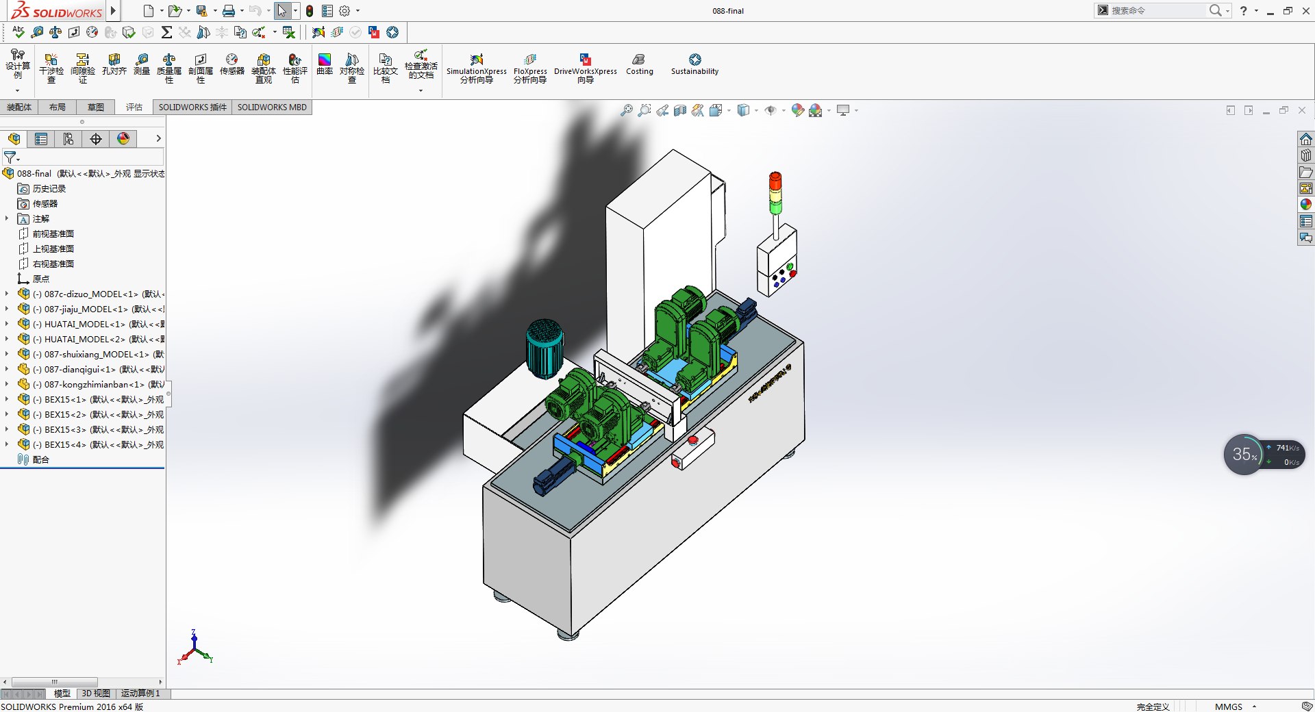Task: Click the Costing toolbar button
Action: (x=639, y=64)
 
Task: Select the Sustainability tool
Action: (x=694, y=64)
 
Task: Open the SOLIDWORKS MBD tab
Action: (x=272, y=107)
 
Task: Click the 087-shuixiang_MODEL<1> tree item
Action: (x=96, y=355)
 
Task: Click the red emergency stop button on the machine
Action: (x=692, y=440)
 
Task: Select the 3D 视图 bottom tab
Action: (x=96, y=694)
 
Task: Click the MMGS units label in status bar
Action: (x=1228, y=707)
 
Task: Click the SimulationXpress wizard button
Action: (x=477, y=67)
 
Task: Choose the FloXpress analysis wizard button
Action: (x=530, y=67)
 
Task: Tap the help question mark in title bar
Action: (x=1244, y=11)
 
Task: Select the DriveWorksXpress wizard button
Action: (x=585, y=67)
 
